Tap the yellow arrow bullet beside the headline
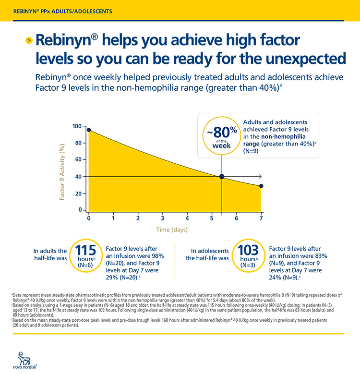[x=29, y=40]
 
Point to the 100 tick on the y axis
[x=77, y=126]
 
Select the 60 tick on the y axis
[x=78, y=160]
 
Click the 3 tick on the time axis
[x=163, y=217]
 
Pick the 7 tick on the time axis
[x=261, y=217]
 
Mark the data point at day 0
[x=89, y=130]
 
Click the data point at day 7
[x=261, y=186]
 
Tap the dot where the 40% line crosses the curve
[x=222, y=177]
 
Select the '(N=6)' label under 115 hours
[x=86, y=264]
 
